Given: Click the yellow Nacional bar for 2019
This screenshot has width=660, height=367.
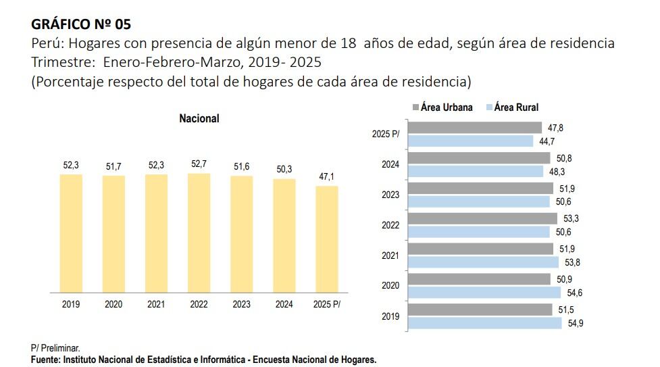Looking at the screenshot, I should (x=71, y=233).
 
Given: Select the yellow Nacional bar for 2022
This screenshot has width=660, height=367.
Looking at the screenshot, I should (x=199, y=233).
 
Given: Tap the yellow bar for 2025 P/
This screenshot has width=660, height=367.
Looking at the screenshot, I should (x=327, y=239).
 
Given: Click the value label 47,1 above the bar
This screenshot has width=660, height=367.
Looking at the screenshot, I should (x=327, y=177).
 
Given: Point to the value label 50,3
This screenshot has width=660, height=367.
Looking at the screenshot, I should (x=284, y=170).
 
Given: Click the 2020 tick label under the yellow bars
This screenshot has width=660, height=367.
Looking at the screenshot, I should (x=113, y=304).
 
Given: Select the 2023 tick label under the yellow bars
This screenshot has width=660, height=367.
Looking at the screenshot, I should (x=241, y=304).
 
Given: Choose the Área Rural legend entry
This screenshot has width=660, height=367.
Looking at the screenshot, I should (x=511, y=107).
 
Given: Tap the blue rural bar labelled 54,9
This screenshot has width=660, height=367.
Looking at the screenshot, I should (x=485, y=323).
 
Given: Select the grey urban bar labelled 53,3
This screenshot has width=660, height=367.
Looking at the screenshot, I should (x=483, y=219).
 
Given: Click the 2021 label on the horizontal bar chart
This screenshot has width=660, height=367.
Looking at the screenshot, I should (x=390, y=255).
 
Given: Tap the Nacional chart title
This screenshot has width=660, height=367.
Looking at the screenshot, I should (x=199, y=118).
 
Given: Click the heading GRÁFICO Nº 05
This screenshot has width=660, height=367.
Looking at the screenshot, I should (x=80, y=24).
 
